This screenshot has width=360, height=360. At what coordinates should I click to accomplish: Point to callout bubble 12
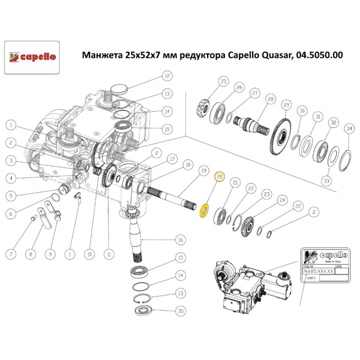166,76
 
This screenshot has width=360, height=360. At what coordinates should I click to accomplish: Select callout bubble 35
180,310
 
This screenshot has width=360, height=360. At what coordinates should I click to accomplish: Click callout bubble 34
348,128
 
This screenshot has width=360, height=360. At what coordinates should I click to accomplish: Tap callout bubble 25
223,82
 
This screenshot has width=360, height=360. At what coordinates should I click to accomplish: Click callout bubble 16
180,239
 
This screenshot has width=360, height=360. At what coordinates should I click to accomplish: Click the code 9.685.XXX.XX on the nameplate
318,271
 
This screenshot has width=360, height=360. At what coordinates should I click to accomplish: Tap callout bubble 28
270,99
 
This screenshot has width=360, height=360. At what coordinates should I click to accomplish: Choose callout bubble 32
333,123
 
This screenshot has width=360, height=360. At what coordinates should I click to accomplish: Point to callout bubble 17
172,159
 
